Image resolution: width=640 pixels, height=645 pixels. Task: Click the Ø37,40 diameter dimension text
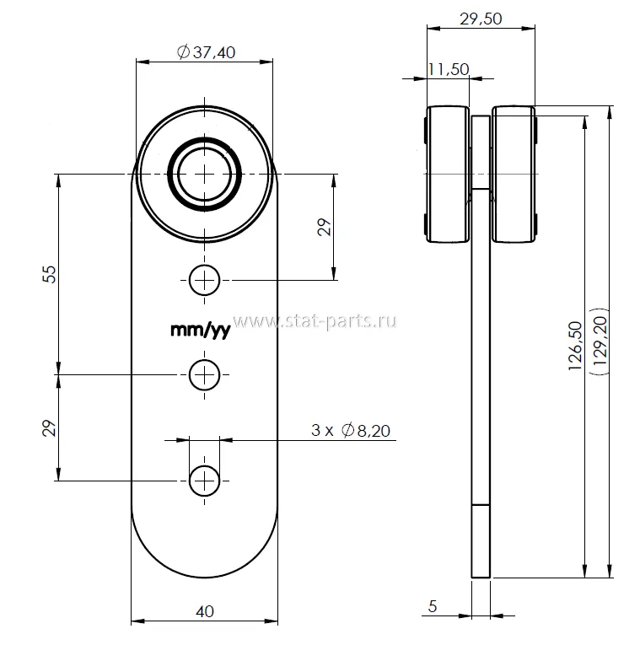pos(207,52)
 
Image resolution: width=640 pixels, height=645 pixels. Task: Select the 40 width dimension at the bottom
pos(205,611)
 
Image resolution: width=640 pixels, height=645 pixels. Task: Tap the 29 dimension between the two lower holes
pos(49,428)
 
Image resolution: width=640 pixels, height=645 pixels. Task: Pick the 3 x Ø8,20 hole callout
pos(350,431)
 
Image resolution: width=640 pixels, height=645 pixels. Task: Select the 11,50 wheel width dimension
pos(448,70)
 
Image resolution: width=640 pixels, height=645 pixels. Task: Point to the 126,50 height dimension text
pos(576,346)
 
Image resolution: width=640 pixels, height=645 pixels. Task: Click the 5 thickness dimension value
pos(433,605)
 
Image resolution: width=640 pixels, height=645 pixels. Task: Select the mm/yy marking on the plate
pos(200,331)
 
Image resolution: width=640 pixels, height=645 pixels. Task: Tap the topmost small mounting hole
pos(204,279)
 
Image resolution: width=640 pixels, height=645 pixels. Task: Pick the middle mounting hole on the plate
pos(204,375)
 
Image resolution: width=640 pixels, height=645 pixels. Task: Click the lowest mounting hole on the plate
pos(204,481)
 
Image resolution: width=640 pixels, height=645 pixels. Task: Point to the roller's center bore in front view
pos(205,173)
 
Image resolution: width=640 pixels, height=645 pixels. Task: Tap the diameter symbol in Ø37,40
pos(183,52)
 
